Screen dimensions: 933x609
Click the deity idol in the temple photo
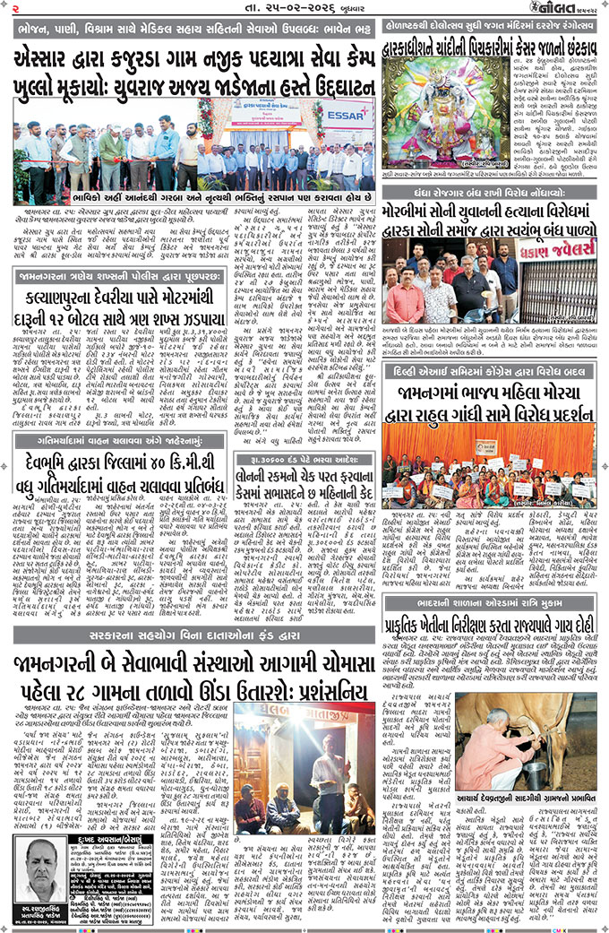coord(438,108)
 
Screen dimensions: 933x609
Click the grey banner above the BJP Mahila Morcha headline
coord(491,368)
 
